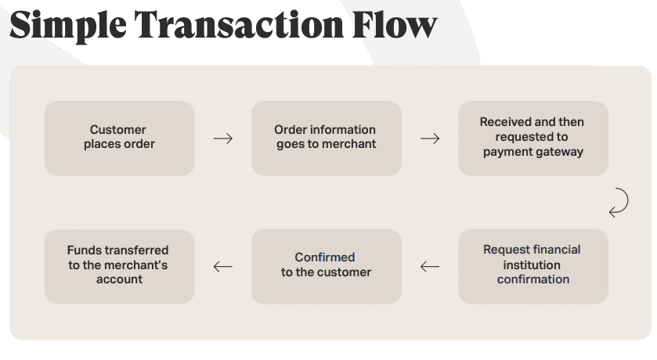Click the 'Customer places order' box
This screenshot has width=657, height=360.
[x=119, y=138]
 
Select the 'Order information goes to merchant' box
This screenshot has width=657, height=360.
[x=326, y=138]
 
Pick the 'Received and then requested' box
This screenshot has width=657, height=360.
[x=532, y=138]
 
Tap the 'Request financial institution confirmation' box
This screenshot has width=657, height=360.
[x=532, y=266]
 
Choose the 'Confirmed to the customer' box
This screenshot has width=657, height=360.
[x=326, y=266]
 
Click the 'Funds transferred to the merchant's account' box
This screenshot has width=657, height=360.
[x=119, y=266]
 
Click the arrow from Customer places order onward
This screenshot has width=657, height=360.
[x=223, y=139]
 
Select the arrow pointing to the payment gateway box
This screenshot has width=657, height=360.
[x=430, y=139]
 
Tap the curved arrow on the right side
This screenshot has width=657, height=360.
[x=619, y=202]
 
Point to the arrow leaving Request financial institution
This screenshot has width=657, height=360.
[x=430, y=267]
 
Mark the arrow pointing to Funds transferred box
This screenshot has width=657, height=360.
[x=223, y=267]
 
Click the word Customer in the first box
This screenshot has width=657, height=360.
[x=117, y=130]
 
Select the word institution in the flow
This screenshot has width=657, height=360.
[x=532, y=265]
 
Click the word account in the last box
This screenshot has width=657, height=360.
[x=119, y=279]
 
